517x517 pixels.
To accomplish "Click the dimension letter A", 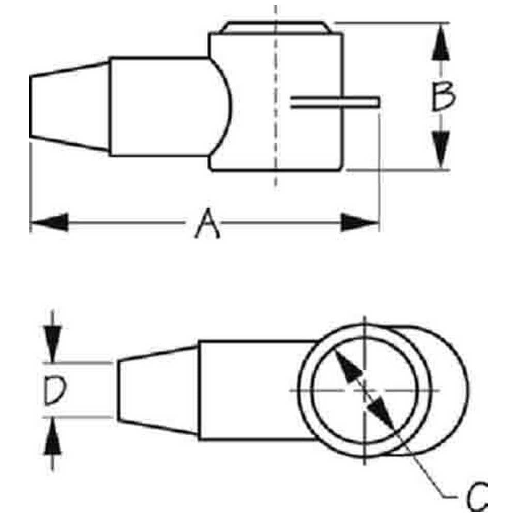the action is [207, 223].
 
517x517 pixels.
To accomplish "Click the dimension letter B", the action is [443, 96].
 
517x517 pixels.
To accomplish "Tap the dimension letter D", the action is [55, 391].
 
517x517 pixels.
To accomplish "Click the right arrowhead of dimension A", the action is [360, 222].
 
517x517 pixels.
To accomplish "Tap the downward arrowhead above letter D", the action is [53, 344].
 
